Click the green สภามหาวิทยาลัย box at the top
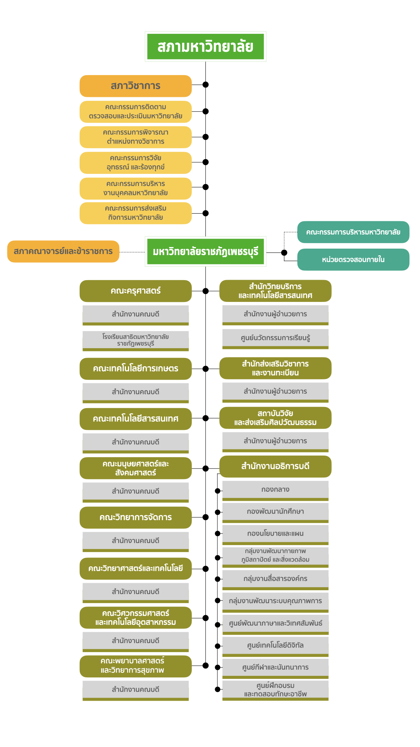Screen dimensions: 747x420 pyautogui.click(x=205, y=47)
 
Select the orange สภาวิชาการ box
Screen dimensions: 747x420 pyautogui.click(x=135, y=86)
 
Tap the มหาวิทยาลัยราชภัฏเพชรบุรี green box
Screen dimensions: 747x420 pyautogui.click(x=205, y=252)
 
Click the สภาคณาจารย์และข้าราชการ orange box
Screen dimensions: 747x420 pyautogui.click(x=63, y=251)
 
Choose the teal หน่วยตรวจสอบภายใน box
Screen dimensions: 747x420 pyautogui.click(x=353, y=260)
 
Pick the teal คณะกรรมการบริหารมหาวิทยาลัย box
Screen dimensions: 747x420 pyautogui.click(x=353, y=232)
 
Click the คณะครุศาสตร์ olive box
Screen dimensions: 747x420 pyautogui.click(x=135, y=291)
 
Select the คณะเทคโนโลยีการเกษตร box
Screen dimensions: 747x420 pyautogui.click(x=135, y=368)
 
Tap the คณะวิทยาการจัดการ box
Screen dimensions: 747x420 pyautogui.click(x=135, y=517)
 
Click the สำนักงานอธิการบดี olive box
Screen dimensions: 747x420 pyautogui.click(x=275, y=466)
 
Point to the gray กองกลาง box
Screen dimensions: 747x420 pyautogui.click(x=275, y=490)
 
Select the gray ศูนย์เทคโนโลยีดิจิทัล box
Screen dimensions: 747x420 pyautogui.click(x=275, y=645)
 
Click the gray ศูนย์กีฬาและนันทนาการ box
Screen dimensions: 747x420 pyautogui.click(x=275, y=668)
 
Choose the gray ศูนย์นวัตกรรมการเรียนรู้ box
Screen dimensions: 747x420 pyautogui.click(x=275, y=338)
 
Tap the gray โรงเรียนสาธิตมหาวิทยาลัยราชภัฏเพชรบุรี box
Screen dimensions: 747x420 pyautogui.click(x=135, y=340)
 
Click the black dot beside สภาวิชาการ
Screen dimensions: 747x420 pyautogui.click(x=206, y=84)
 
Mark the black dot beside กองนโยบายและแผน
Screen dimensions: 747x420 pyautogui.click(x=218, y=533)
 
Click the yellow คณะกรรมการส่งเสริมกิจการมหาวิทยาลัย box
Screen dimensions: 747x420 pyautogui.click(x=135, y=213)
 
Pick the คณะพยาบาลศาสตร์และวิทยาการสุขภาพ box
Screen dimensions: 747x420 pyautogui.click(x=135, y=666)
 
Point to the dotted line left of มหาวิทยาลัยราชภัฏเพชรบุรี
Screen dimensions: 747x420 pyautogui.click(x=132, y=252)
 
